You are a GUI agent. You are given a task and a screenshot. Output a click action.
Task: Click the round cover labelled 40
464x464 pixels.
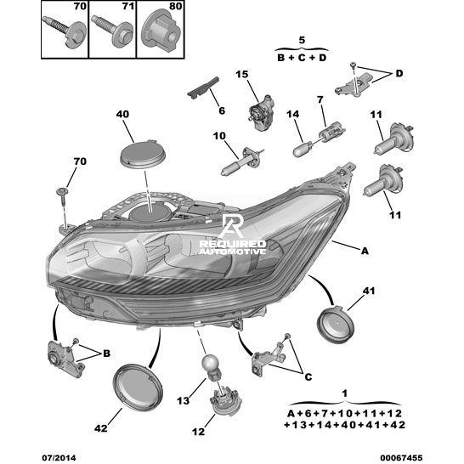[x=144, y=155]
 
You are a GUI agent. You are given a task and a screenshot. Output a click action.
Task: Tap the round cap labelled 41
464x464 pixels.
[x=336, y=325]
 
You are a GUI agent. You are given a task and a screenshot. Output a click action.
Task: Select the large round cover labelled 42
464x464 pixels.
[x=138, y=387]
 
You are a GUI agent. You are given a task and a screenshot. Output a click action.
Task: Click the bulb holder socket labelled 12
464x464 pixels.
[x=221, y=400]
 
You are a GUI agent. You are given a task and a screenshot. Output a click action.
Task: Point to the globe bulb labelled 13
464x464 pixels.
[x=210, y=368]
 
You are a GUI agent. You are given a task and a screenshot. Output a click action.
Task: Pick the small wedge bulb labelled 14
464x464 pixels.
[x=302, y=150]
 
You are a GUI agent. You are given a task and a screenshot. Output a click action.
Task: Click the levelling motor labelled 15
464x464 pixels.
[x=260, y=112]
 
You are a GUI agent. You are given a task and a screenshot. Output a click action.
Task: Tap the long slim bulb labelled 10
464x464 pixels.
[x=242, y=161]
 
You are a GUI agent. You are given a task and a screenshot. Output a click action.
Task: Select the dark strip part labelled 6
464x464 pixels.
[x=204, y=88]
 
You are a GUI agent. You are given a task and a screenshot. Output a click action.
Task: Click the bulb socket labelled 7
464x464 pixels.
[x=331, y=132]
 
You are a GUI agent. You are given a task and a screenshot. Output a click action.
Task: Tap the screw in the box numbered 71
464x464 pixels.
[x=112, y=31]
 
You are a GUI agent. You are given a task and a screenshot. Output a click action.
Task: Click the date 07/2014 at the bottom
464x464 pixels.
[x=59, y=458]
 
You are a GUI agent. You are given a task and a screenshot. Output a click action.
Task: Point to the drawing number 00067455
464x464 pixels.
[x=401, y=458]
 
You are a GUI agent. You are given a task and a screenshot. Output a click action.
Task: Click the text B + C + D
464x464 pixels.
[x=302, y=58]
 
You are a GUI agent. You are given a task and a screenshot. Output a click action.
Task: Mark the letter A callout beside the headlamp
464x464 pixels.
[x=365, y=251]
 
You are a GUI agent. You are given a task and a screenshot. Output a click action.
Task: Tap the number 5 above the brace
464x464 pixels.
[x=302, y=40]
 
